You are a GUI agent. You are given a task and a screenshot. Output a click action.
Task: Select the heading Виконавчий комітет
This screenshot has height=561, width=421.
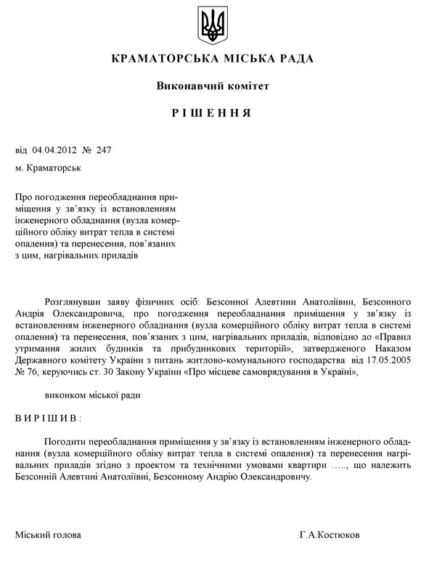tap(213, 86)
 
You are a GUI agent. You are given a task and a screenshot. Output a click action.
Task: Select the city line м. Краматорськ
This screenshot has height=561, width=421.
tap(48, 168)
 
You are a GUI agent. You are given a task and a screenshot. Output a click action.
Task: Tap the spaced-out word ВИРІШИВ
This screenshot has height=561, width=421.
tap(47, 419)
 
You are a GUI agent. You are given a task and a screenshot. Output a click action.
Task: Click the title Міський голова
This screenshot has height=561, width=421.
tap(48, 535)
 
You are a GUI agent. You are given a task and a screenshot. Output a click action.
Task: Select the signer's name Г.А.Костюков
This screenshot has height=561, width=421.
tap(329, 535)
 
